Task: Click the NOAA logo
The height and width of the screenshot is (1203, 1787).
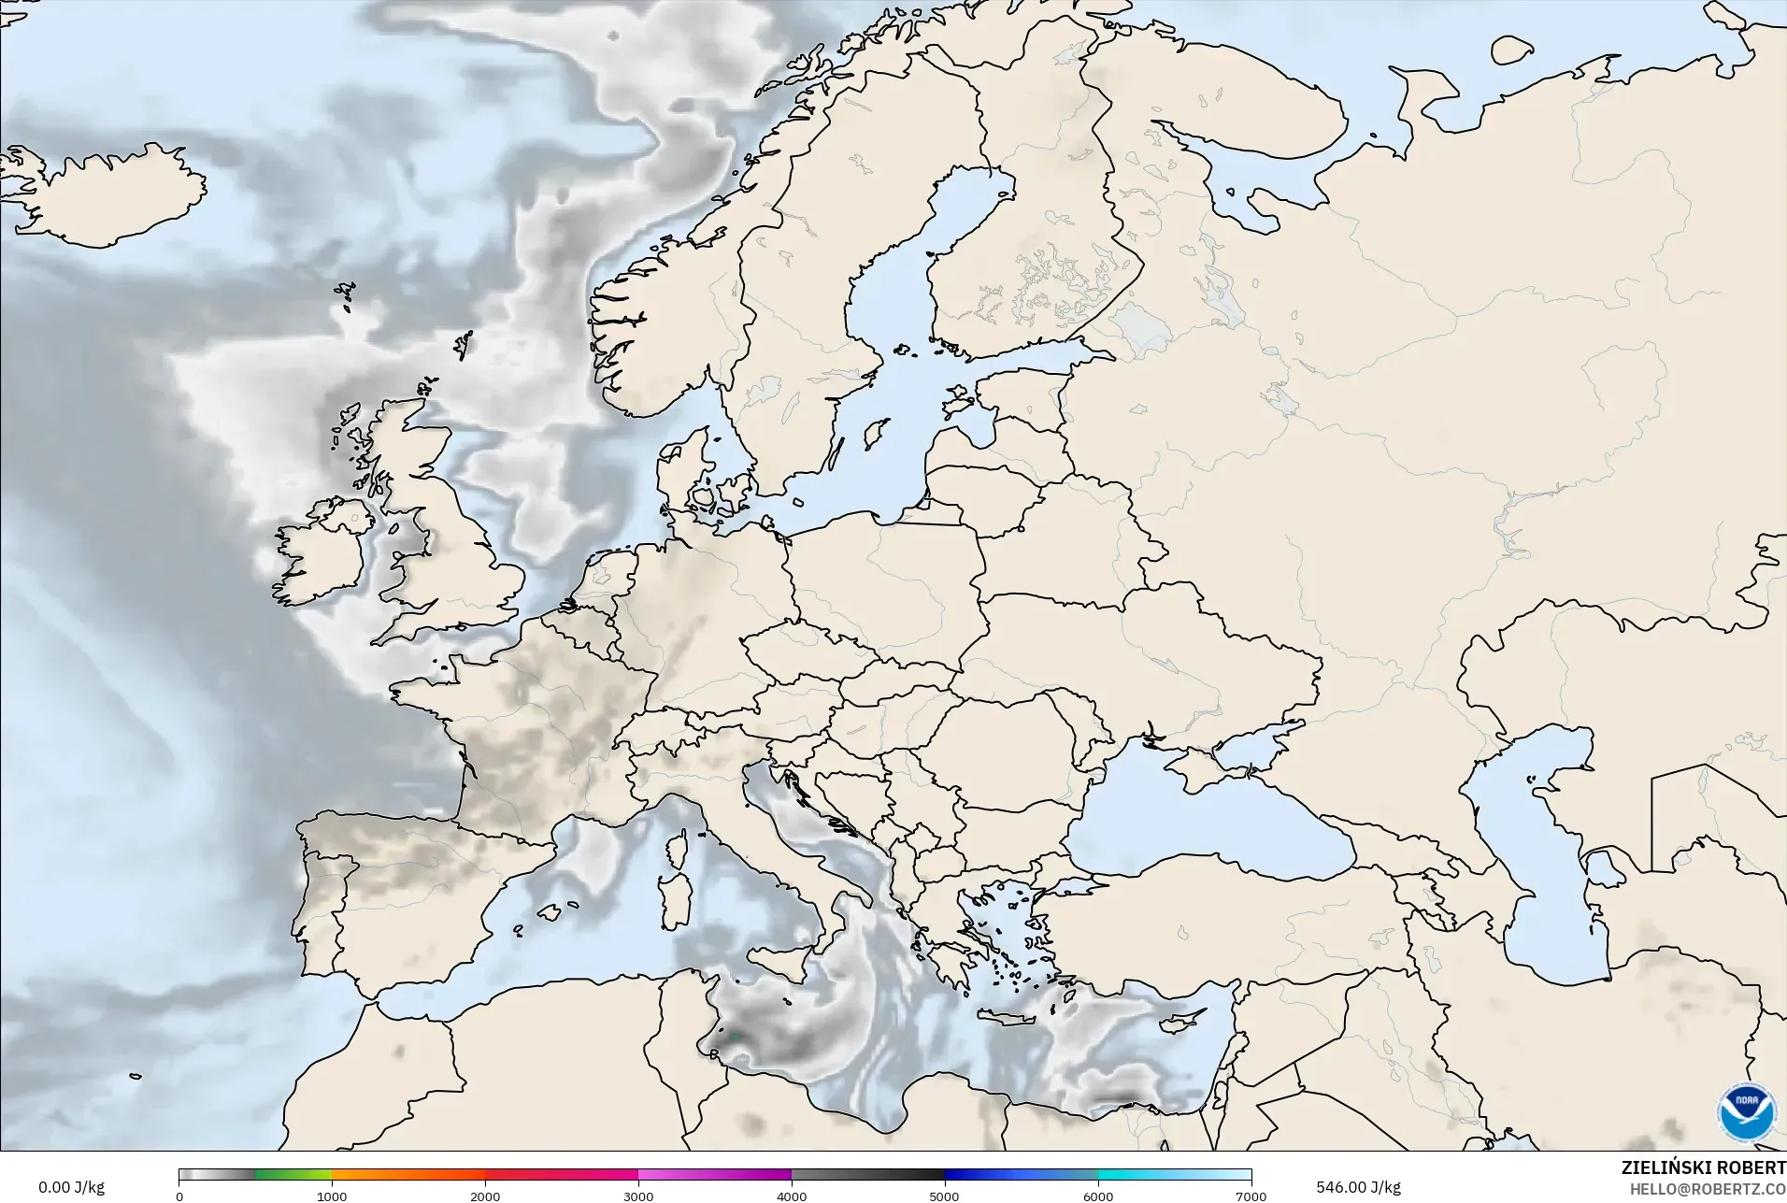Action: (x=1746, y=1110)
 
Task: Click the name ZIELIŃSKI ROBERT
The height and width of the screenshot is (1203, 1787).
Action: (x=1703, y=1168)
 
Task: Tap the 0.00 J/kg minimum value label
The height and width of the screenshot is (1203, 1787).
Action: (x=71, y=1187)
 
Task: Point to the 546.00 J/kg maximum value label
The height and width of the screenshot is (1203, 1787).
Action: (x=1358, y=1187)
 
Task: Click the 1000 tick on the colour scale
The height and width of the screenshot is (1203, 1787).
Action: (x=332, y=1196)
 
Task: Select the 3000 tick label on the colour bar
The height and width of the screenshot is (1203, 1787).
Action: (x=638, y=1196)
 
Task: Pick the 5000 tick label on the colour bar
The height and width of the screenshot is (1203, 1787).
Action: (x=945, y=1196)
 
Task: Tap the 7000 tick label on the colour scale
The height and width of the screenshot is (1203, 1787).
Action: (x=1251, y=1196)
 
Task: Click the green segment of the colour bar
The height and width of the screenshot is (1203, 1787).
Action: (x=293, y=1175)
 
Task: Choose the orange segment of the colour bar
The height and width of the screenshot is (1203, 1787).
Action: (x=407, y=1175)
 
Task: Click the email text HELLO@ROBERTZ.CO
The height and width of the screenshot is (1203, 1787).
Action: (x=1708, y=1189)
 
